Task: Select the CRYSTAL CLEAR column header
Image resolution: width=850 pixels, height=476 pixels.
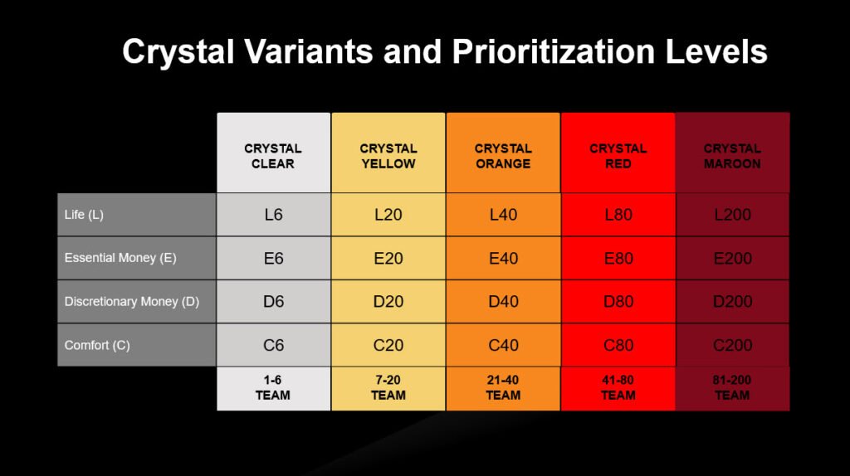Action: (273, 156)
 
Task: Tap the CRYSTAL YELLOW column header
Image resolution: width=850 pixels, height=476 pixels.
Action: (388, 156)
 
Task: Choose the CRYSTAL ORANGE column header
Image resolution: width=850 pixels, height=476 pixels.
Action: (502, 156)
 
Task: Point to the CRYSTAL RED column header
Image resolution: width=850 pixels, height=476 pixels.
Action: (618, 156)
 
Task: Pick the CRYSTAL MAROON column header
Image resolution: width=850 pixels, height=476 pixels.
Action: (732, 156)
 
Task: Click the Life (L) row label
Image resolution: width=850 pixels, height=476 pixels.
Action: (84, 215)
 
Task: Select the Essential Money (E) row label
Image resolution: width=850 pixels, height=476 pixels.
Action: (120, 258)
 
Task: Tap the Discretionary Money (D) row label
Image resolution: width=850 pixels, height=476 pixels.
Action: (132, 302)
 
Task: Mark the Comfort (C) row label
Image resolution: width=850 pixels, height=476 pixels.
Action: (97, 345)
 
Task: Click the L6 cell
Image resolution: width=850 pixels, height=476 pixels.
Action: (273, 215)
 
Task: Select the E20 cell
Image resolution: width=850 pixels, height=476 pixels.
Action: (388, 258)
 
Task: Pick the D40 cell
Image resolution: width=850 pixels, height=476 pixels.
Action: (502, 302)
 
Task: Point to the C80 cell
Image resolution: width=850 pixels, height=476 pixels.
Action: (618, 345)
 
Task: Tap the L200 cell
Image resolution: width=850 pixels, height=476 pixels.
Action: (732, 215)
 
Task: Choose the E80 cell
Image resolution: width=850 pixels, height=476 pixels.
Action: (618, 258)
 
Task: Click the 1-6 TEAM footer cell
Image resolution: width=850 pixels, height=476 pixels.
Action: (273, 388)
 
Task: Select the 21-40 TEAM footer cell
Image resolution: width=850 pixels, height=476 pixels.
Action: (502, 388)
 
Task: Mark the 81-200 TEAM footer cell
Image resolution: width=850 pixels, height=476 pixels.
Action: (732, 388)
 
